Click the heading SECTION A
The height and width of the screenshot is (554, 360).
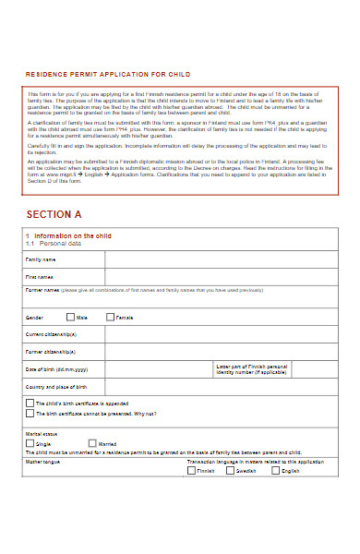(54, 214)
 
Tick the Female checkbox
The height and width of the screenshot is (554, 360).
(111, 317)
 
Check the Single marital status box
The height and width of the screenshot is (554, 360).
(30, 442)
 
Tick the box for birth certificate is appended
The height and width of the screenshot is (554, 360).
(30, 403)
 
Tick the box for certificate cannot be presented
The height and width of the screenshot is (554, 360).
(30, 414)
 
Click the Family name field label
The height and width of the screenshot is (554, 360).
(40, 260)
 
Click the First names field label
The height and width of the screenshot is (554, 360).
(40, 277)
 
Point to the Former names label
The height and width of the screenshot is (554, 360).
(42, 290)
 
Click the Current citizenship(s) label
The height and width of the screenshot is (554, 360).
(51, 333)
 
